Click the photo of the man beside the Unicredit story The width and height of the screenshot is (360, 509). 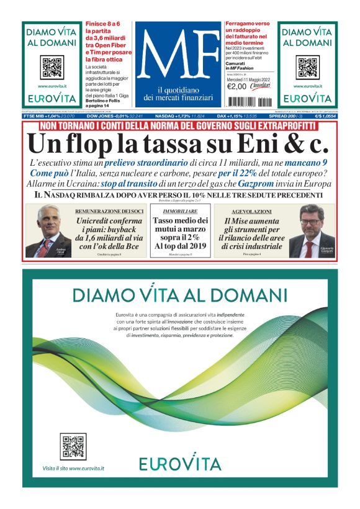click(48, 231)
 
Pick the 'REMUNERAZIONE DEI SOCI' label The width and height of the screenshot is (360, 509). click(110, 211)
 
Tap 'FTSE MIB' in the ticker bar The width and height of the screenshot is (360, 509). click(34, 115)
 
